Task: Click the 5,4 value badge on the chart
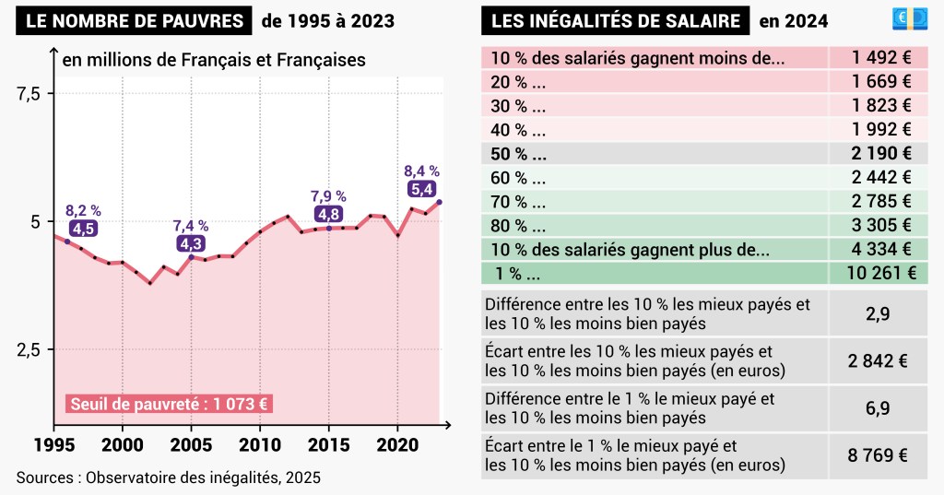pos(422,189)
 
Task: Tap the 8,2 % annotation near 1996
pos(83,210)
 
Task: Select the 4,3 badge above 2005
pos(191,243)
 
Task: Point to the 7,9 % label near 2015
pos(327,196)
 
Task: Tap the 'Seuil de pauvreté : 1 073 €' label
pos(170,404)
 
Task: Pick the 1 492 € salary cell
pos(881,57)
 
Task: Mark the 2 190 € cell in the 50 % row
pos(881,153)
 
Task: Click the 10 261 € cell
pos(881,272)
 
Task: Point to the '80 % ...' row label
pos(518,225)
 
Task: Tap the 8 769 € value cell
pos(879,455)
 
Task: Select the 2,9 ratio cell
pos(878,313)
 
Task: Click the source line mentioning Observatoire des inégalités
pos(168,477)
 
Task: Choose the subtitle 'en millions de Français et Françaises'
pos(214,60)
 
